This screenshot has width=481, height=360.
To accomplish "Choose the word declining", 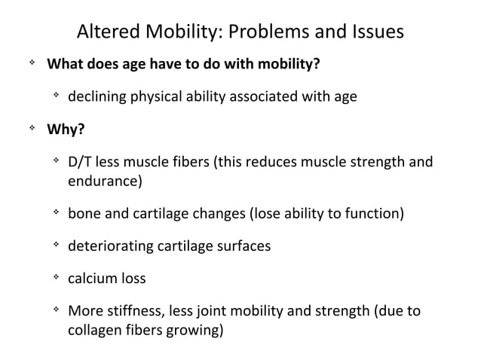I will click(95, 97).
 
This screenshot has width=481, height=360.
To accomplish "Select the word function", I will click(373, 214).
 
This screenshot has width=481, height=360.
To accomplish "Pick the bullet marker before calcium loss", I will click(55, 278).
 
